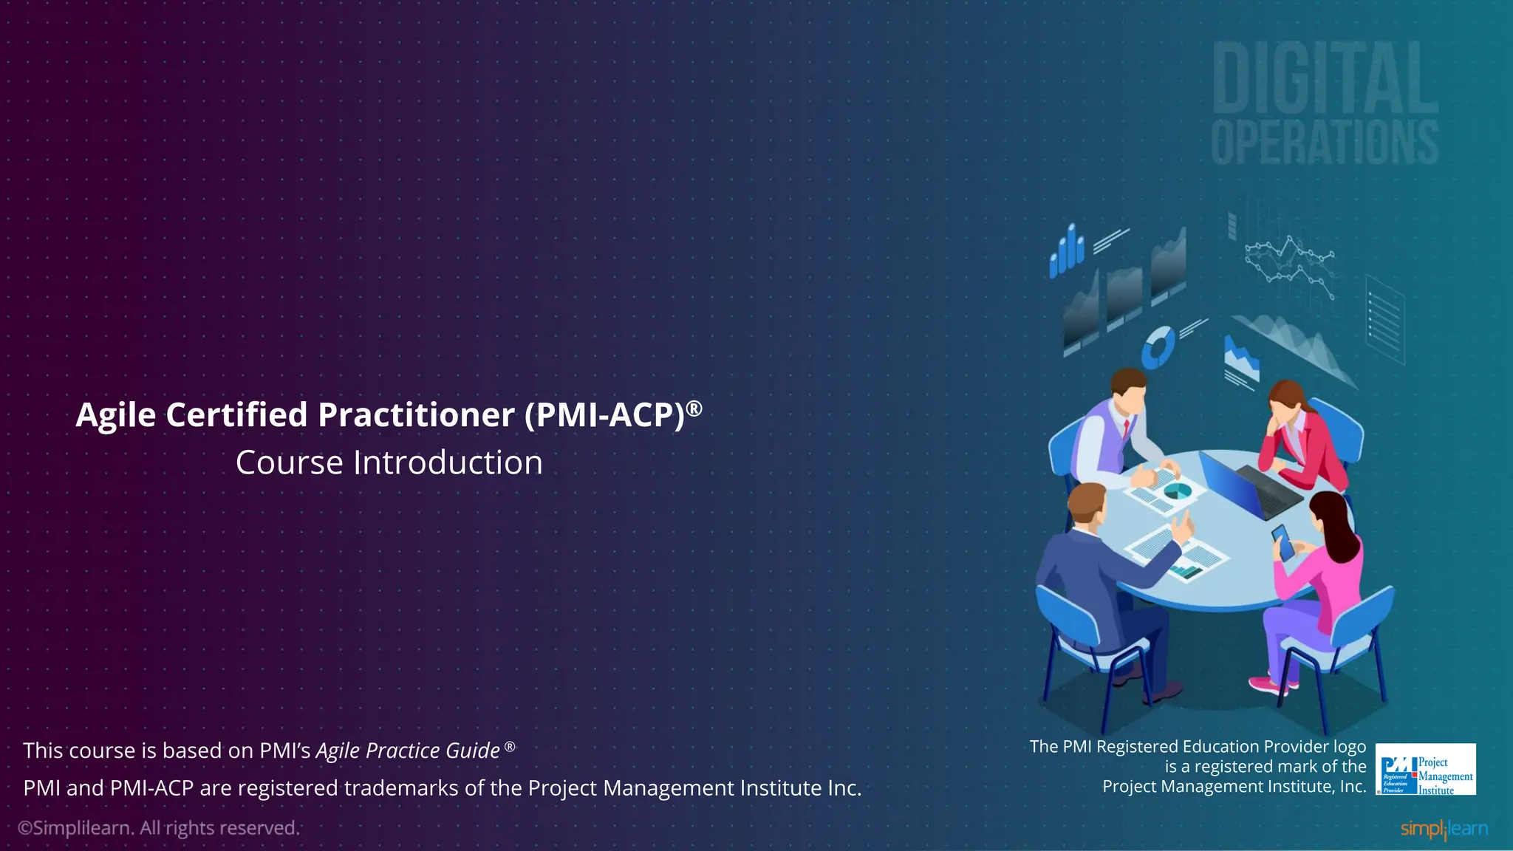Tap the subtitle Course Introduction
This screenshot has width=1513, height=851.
[x=389, y=463]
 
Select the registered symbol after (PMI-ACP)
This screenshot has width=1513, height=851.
[x=694, y=407]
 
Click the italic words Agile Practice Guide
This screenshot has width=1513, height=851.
[x=408, y=751]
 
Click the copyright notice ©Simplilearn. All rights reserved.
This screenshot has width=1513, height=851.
[x=159, y=828]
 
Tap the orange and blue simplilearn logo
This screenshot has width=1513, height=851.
[x=1444, y=829]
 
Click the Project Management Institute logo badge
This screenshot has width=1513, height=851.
[x=1426, y=770]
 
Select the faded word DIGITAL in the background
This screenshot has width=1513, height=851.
[x=1325, y=78]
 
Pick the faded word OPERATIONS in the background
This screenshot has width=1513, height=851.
[x=1325, y=142]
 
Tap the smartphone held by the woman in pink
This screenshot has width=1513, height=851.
[x=1283, y=541]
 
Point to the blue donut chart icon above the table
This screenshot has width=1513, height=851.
[x=1158, y=347]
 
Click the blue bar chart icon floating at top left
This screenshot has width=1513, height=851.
[x=1067, y=251]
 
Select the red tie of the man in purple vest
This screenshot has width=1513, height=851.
[x=1125, y=429]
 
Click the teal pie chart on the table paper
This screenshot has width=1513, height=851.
[x=1177, y=491]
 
